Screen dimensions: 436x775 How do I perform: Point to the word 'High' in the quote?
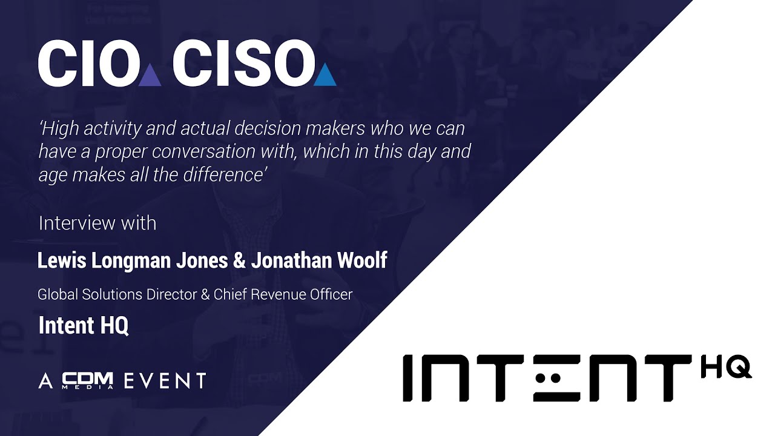click(61, 128)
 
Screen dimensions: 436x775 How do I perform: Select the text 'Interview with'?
click(97, 223)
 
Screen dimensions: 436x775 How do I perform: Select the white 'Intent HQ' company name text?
click(84, 326)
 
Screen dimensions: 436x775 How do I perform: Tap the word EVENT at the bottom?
click(165, 381)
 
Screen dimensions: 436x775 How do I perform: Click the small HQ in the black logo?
click(726, 368)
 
